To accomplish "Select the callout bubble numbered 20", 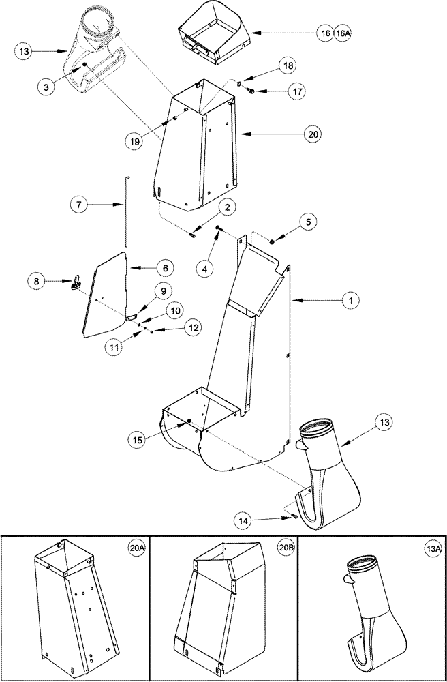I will [313, 135].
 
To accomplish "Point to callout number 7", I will [80, 203].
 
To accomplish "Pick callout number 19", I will [135, 141].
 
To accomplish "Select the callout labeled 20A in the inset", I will [136, 547].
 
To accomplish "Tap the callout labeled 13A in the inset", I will [431, 547].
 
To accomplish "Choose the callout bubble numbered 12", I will [194, 327].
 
